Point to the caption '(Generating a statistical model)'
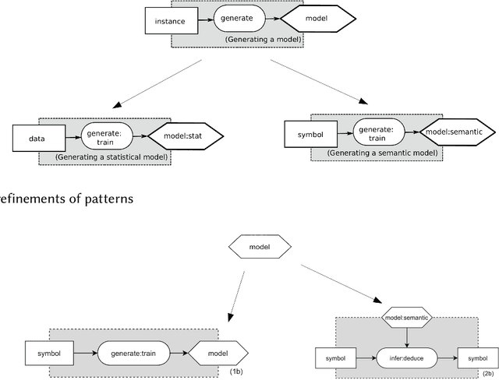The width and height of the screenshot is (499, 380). (112, 157)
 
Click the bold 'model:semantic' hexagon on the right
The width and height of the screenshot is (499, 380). (457, 132)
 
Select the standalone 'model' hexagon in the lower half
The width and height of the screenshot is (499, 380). (260, 248)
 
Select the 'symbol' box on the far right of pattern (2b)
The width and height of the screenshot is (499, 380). (476, 358)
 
